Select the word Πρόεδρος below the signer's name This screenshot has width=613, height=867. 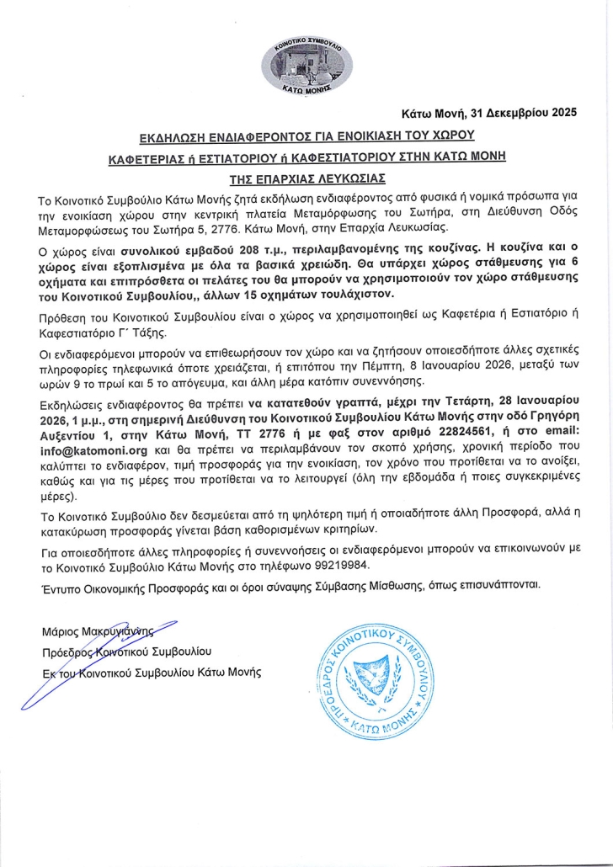coord(64,651)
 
